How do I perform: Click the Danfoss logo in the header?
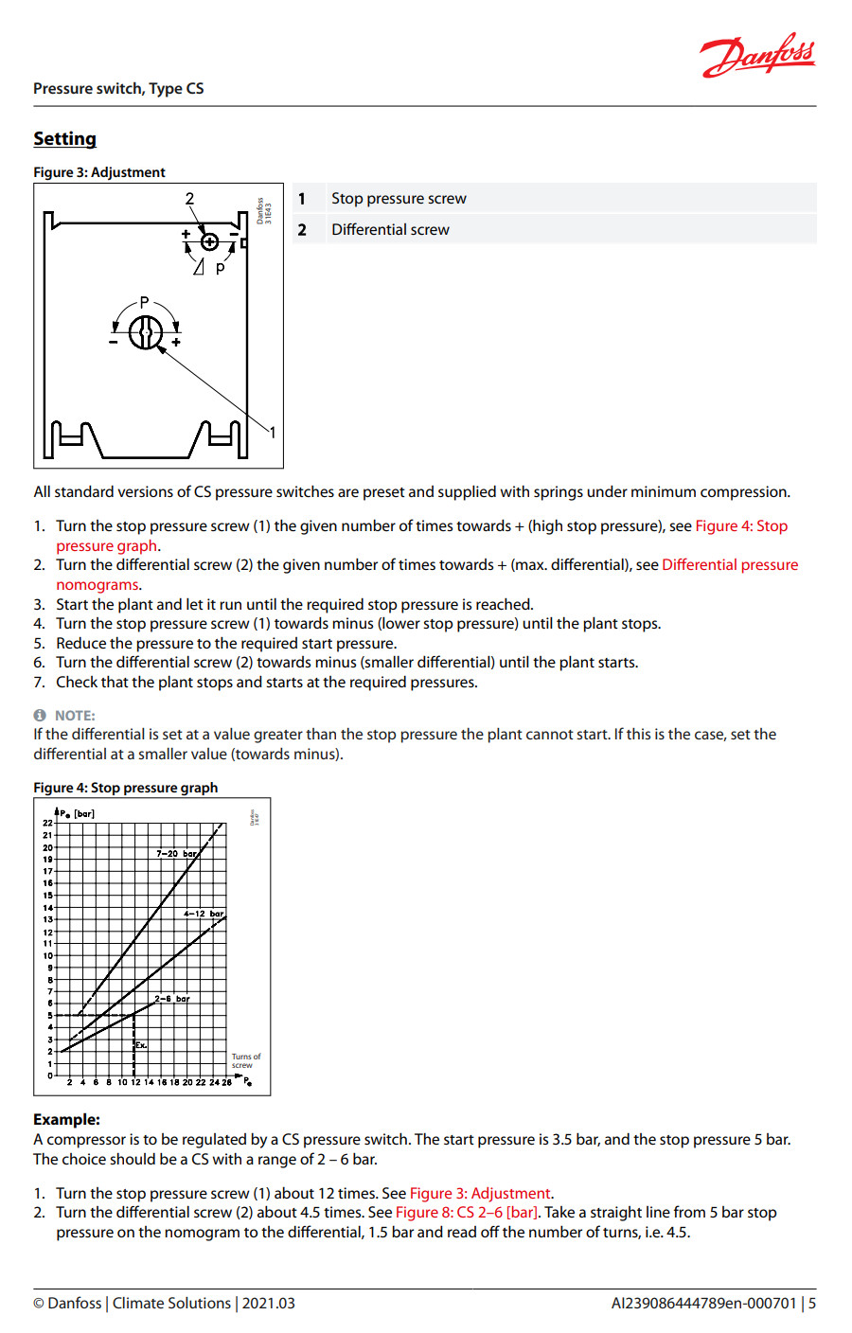pyautogui.click(x=757, y=56)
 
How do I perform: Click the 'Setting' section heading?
pyautogui.click(x=64, y=139)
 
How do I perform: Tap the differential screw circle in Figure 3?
pyautogui.click(x=210, y=241)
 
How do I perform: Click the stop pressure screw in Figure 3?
pyautogui.click(x=146, y=332)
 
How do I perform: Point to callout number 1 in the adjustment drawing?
pyautogui.click(x=273, y=433)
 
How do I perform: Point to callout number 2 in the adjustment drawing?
pyautogui.click(x=189, y=199)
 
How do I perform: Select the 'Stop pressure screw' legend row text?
pyautogui.click(x=399, y=199)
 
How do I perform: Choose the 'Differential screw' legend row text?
pyautogui.click(x=390, y=230)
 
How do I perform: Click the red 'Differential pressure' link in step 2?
pyautogui.click(x=730, y=565)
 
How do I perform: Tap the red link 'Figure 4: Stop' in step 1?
pyautogui.click(x=741, y=526)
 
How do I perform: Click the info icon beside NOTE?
pyautogui.click(x=40, y=716)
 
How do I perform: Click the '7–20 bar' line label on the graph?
pyautogui.click(x=177, y=854)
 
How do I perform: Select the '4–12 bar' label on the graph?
pyautogui.click(x=204, y=915)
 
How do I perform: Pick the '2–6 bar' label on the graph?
pyautogui.click(x=172, y=999)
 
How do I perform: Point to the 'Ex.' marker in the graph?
pyautogui.click(x=141, y=1045)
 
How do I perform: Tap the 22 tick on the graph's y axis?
pyautogui.click(x=47, y=823)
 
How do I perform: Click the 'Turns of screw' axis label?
pyautogui.click(x=245, y=1061)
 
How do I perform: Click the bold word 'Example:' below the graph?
pyautogui.click(x=66, y=1119)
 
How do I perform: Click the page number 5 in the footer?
pyautogui.click(x=812, y=1304)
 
